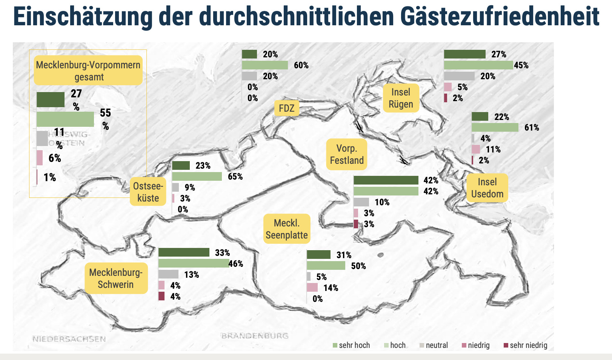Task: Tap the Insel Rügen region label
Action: pos(401,98)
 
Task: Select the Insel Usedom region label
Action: pos(487,188)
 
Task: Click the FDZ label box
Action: pos(286,109)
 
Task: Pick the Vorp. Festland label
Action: pos(347,154)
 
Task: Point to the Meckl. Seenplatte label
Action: pos(287,229)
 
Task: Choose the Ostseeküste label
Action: pos(148,192)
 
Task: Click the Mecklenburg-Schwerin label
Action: pos(116,278)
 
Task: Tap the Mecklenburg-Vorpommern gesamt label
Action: pos(88,71)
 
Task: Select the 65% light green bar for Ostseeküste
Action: pos(197,177)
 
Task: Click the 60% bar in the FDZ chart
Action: pos(265,65)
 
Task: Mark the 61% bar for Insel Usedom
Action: pos(495,128)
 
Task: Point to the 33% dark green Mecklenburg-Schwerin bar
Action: pos(184,252)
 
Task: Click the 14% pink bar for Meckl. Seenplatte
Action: pos(312,288)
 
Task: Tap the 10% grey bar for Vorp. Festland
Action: pos(361,202)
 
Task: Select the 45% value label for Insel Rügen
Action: pos(521,65)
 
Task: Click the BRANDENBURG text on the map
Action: pos(255,335)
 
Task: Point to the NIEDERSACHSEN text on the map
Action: pos(69,339)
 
